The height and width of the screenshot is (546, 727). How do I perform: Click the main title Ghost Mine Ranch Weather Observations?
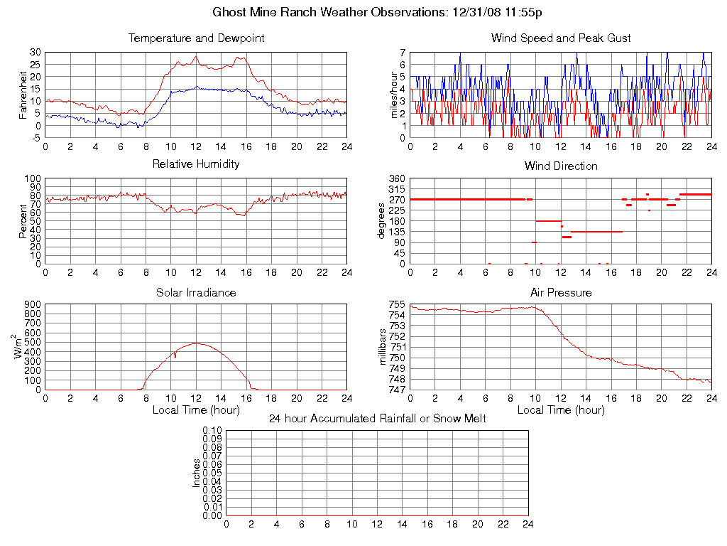(x=378, y=12)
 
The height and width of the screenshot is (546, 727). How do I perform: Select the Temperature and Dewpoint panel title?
(x=197, y=38)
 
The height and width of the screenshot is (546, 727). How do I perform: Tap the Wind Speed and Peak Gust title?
(x=561, y=38)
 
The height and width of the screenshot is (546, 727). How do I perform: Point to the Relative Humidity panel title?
(x=197, y=164)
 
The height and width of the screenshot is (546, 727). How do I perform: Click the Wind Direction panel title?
(x=561, y=166)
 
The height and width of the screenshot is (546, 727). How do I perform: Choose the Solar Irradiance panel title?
(x=197, y=292)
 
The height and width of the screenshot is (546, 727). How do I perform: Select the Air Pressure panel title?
(x=561, y=292)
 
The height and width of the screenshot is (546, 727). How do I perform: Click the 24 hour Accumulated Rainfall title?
(x=378, y=419)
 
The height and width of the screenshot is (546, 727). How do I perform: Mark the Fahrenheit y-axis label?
(x=23, y=95)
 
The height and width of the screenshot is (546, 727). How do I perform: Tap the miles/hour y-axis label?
(x=395, y=95)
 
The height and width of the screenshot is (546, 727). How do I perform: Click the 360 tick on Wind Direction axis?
(x=396, y=178)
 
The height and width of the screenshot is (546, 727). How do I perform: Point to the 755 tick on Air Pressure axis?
(x=396, y=305)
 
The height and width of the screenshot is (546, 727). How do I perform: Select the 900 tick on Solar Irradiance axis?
(x=32, y=305)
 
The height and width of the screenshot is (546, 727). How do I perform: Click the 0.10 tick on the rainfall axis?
(x=212, y=431)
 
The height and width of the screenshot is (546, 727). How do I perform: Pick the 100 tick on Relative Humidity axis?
(x=32, y=178)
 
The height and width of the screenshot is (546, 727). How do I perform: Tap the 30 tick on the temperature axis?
(x=35, y=53)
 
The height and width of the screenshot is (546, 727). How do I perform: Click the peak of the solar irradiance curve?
(x=196, y=343)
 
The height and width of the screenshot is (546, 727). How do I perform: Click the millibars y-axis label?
(x=383, y=347)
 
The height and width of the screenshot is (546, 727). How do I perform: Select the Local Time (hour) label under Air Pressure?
(x=561, y=410)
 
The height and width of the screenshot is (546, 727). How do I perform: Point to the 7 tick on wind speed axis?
(x=402, y=53)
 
